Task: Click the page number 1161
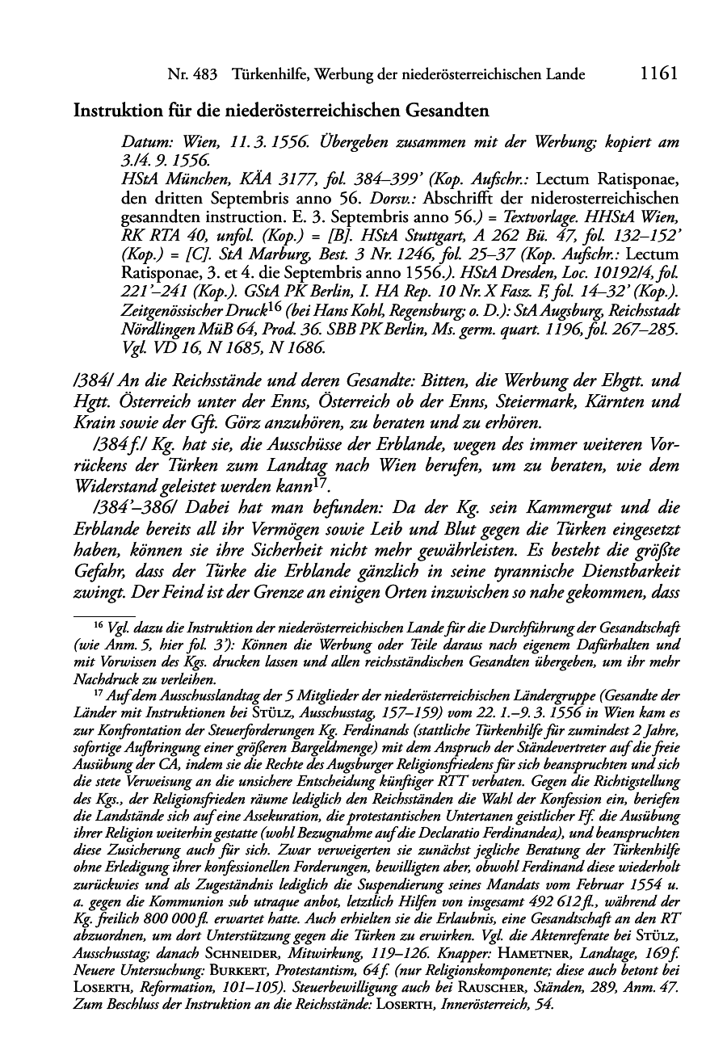pyautogui.click(x=656, y=74)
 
